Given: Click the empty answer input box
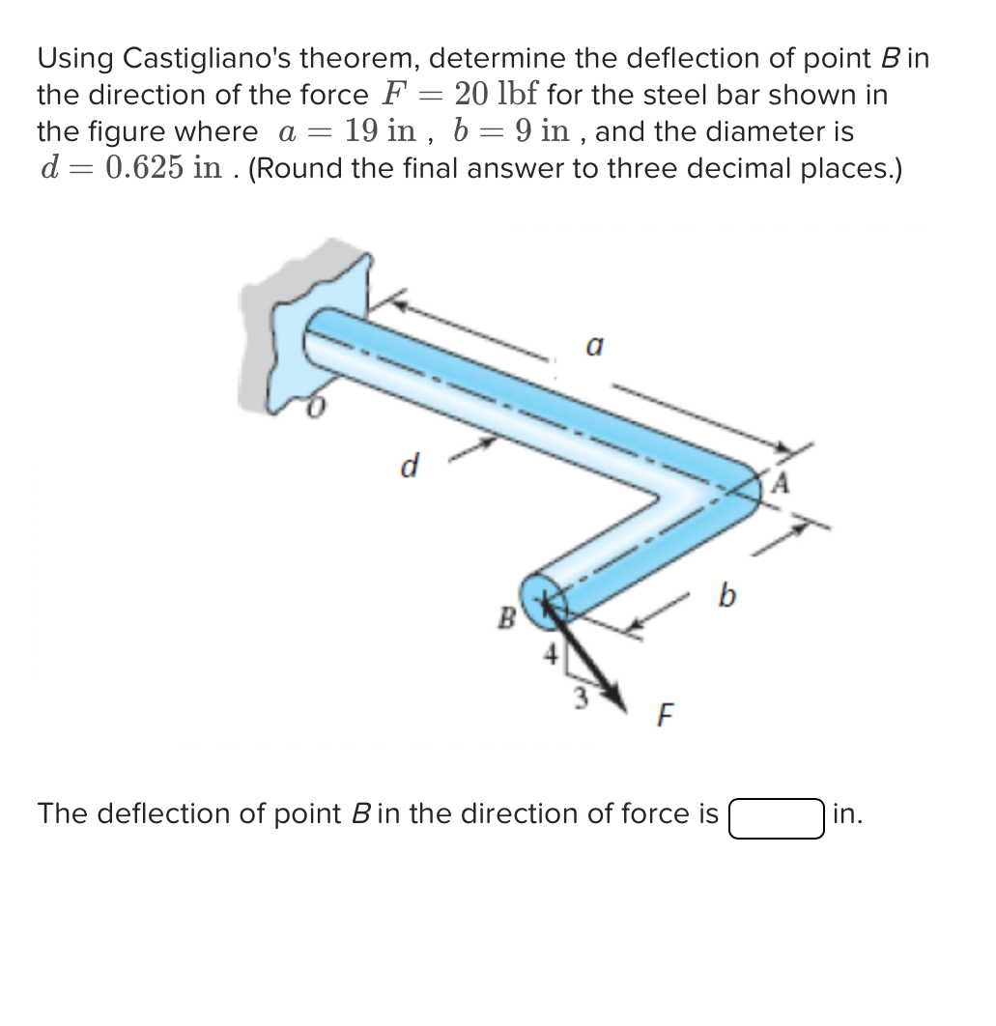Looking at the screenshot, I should (x=776, y=817).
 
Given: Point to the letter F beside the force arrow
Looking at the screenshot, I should (x=664, y=716).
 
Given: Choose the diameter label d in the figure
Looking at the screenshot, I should (x=410, y=468).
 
